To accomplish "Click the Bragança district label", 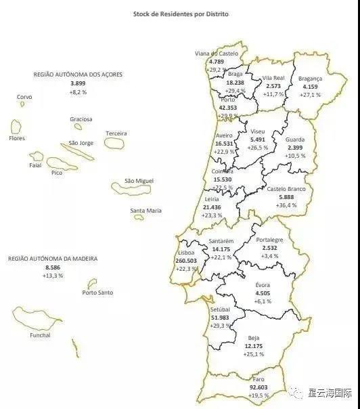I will pos(310,79).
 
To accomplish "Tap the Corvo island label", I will pos(24,97).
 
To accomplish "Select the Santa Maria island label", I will pos(146,211).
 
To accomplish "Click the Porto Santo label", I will pos(97,293).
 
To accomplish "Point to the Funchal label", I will pos(40,335).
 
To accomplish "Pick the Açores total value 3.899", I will pos(78,83).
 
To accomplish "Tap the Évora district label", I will pos(263,285).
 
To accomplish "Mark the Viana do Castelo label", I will pos(216,53).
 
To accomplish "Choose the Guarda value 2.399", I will pos(295,148).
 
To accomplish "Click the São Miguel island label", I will pos(139,181).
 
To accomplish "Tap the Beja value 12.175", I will pos(254,346).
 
